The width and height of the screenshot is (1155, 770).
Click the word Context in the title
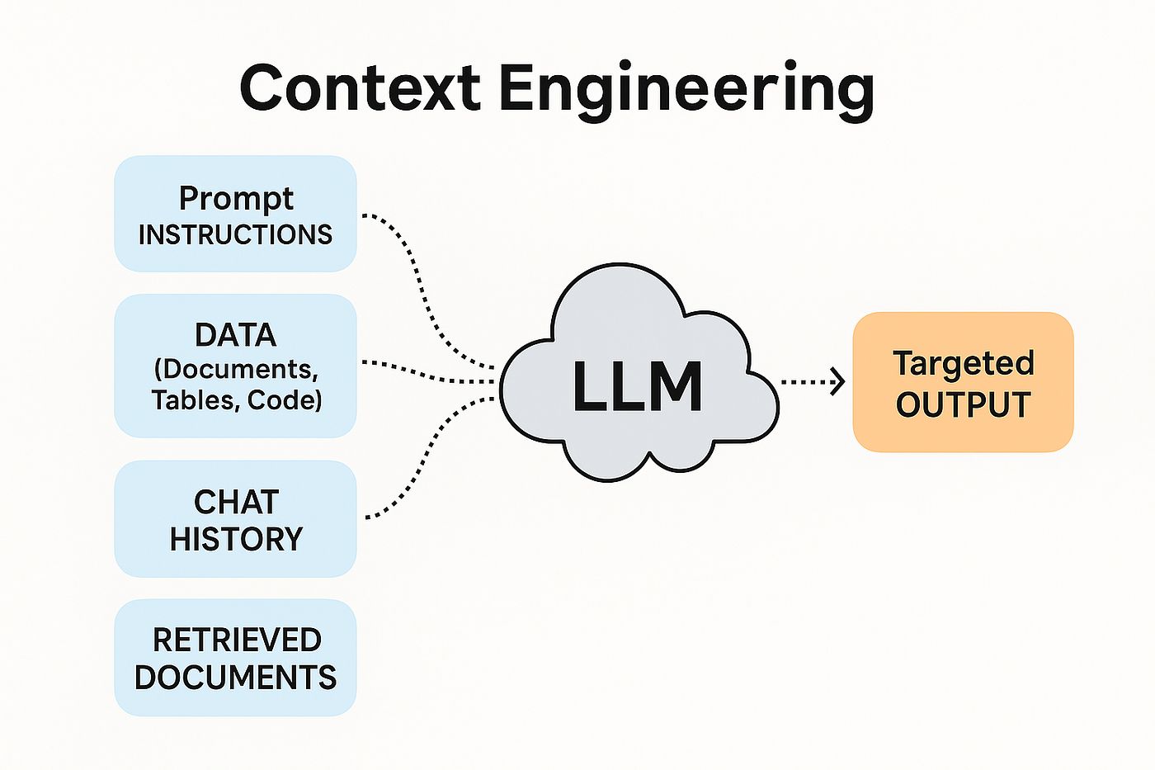[x=360, y=87]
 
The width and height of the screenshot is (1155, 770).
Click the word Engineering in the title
[x=686, y=89]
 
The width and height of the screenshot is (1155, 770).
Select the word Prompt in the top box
[x=236, y=198]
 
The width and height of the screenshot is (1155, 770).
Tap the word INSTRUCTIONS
[x=235, y=235]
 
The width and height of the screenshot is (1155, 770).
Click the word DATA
[x=235, y=335]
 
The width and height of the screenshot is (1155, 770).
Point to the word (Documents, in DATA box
[x=236, y=368]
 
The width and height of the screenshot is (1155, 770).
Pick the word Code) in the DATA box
[x=285, y=400]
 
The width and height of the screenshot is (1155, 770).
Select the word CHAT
[x=236, y=502]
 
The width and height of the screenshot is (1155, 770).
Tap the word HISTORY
[x=236, y=539]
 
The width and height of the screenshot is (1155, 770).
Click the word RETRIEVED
[x=237, y=640]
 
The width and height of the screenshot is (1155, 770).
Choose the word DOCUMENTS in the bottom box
[x=235, y=678]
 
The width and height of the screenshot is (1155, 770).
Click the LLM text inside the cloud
[x=637, y=386]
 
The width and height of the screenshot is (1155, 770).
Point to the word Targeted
[x=963, y=364]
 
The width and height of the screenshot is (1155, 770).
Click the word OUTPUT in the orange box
[x=963, y=405]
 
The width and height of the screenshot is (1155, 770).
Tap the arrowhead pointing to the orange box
[x=838, y=381]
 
